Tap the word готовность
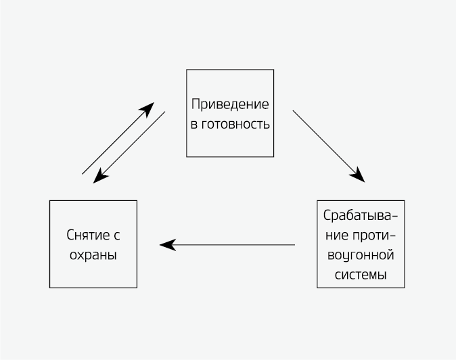pos(236,125)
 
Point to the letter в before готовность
pos(193,125)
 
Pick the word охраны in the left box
pos(93,255)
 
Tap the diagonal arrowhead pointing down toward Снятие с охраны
pos(99,177)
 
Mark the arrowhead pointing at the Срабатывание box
pos(359,177)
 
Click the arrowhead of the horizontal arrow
pos(166,244)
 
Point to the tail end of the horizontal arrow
pos(294,244)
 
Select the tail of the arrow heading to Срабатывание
pos(293,110)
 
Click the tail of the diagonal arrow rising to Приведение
pos(83,174)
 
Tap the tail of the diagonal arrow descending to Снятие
pos(164,112)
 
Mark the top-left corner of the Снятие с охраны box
pos(50,201)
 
